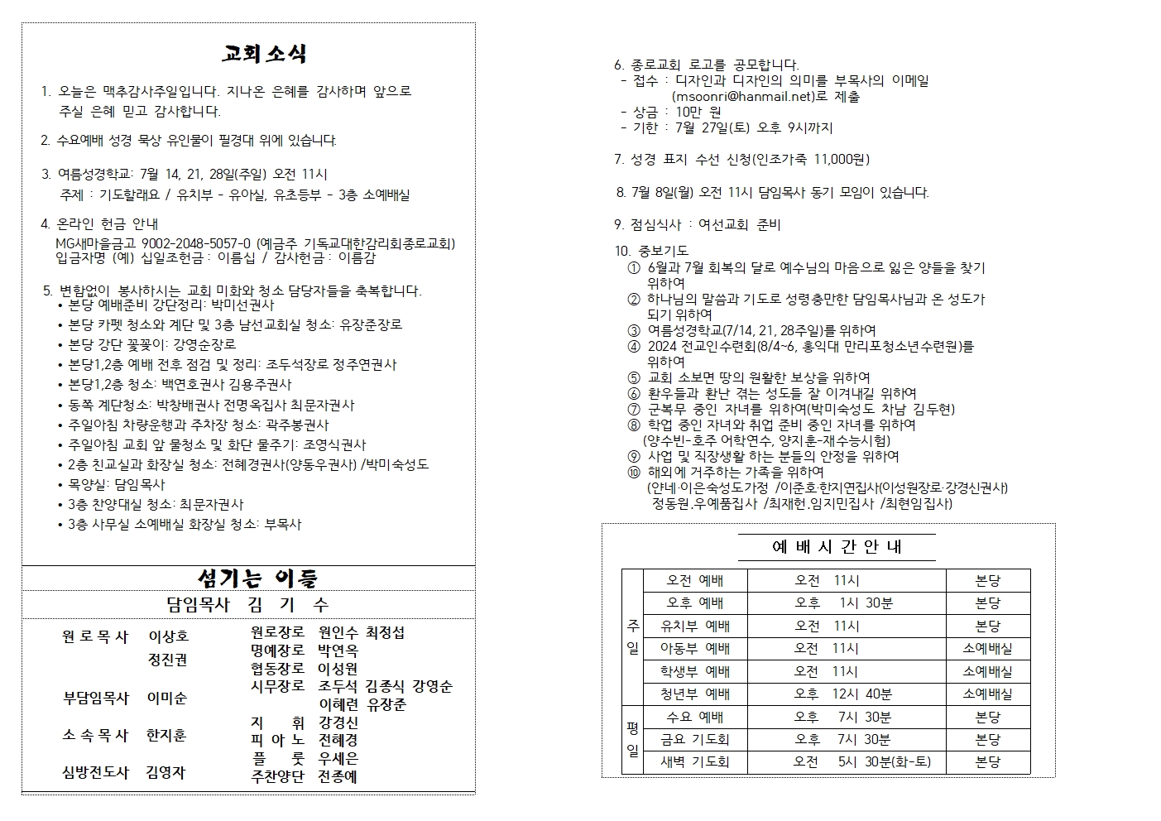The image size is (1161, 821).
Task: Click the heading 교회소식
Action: (264, 55)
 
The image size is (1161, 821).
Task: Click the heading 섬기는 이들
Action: (257, 578)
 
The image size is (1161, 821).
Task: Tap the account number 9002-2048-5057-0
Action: (196, 244)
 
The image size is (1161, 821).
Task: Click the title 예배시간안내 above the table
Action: (837, 547)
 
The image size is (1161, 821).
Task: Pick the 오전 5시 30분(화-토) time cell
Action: (861, 761)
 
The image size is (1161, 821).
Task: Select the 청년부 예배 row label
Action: (695, 694)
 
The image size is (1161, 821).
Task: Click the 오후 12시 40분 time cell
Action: (843, 694)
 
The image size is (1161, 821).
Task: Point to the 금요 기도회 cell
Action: (695, 739)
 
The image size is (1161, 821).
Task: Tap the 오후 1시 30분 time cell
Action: (843, 603)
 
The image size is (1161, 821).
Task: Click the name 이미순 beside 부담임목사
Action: (167, 698)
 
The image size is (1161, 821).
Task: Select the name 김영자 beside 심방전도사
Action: (166, 772)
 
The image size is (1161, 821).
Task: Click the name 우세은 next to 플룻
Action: (338, 758)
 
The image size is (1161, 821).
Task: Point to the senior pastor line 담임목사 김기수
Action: (247, 605)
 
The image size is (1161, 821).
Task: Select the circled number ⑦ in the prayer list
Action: (634, 410)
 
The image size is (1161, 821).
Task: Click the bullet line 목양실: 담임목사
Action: (116, 485)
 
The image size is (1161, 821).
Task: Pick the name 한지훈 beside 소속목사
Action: (166, 735)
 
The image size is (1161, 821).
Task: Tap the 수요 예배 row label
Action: (695, 717)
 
